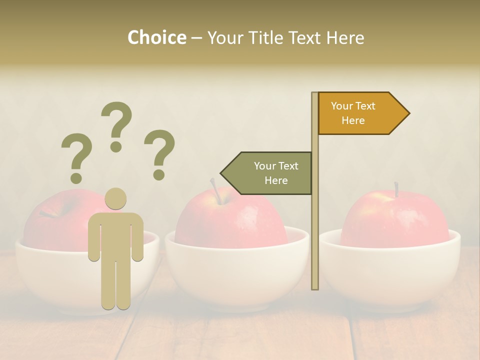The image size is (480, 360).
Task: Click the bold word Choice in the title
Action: pyautogui.click(x=156, y=37)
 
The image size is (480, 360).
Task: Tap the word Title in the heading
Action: pyautogui.click(x=266, y=37)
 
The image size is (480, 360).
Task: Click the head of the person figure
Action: pyautogui.click(x=115, y=198)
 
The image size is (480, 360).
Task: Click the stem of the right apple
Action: pyautogui.click(x=396, y=189)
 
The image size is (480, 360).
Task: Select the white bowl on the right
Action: pyautogui.click(x=390, y=272)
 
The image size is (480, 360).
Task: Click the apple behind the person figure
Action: pyautogui.click(x=55, y=220)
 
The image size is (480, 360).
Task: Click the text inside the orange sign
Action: pyautogui.click(x=353, y=113)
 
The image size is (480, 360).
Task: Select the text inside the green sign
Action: pyautogui.click(x=275, y=173)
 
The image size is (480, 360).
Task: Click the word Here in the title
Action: pyautogui.click(x=345, y=37)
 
